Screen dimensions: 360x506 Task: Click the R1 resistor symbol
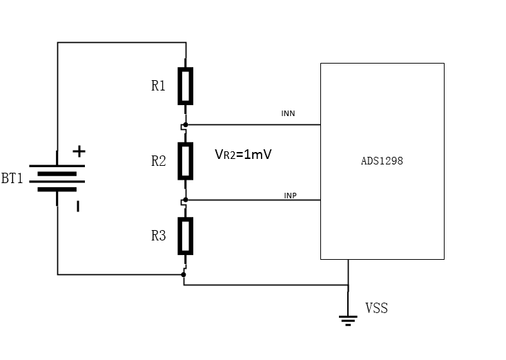[186, 86]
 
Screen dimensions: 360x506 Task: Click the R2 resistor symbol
[186, 160]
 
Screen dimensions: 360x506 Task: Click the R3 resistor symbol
[186, 236]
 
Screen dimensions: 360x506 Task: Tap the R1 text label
[159, 86]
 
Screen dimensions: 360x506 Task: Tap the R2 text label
[159, 161]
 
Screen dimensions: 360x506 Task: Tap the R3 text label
[159, 236]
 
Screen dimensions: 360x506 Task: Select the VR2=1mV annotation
[243, 155]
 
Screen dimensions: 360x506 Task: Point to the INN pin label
[288, 113]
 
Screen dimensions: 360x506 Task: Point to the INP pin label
[291, 196]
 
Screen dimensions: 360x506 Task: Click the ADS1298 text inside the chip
[382, 161]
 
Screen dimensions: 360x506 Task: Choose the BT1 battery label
[12, 179]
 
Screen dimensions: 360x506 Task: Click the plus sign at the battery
[79, 151]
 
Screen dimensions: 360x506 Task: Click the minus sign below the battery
[77, 205]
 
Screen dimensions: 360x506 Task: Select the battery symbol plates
[57, 178]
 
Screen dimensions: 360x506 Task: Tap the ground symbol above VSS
[348, 319]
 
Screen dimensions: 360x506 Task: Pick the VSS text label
[376, 308]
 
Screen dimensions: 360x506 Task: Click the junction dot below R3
[184, 274]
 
